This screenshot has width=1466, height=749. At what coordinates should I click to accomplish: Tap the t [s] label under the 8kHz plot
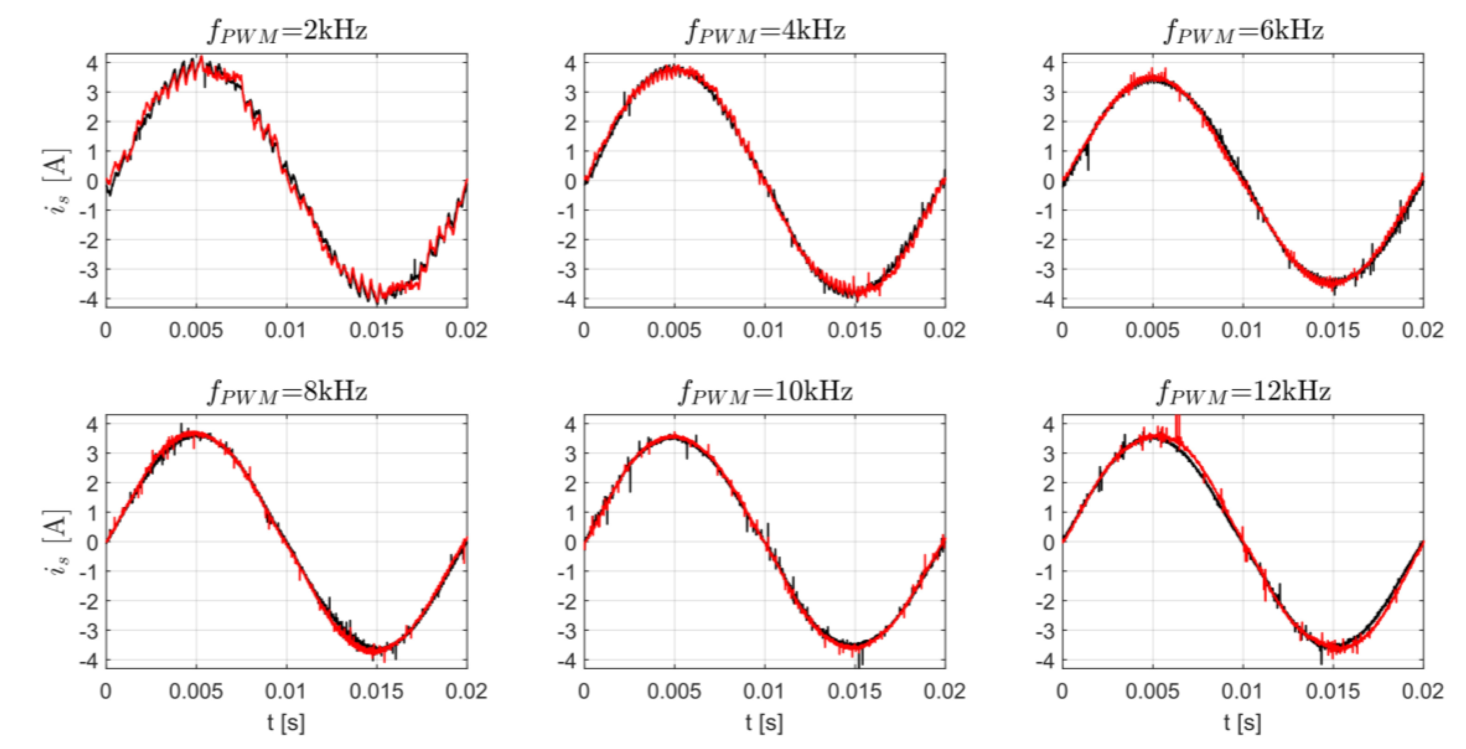click(x=286, y=723)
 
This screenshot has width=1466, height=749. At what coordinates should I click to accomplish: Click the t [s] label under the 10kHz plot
click(x=764, y=723)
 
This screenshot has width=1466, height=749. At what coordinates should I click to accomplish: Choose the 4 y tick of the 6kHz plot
click(x=1048, y=63)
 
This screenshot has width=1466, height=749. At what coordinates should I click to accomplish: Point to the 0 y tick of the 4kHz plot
click(x=570, y=182)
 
